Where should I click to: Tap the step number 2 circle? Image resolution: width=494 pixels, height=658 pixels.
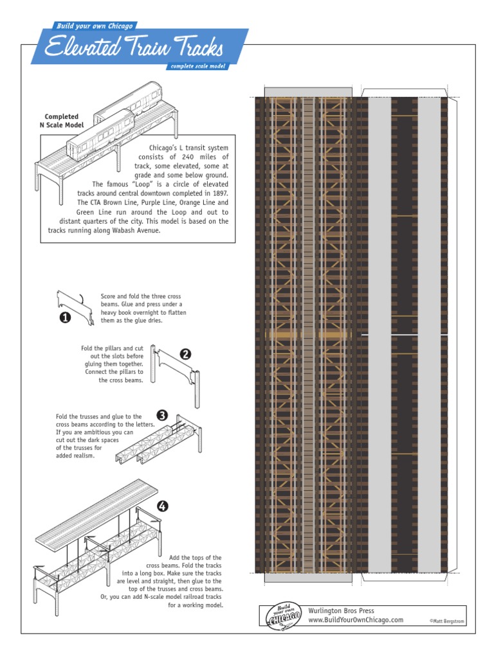click(185, 353)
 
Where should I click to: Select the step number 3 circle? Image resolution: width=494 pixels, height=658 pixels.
click(163, 416)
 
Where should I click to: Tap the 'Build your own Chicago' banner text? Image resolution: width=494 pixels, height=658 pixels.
click(95, 26)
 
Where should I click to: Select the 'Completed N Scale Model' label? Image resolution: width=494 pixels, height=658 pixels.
click(62, 120)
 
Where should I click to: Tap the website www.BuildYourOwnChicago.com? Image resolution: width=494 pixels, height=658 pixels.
click(356, 619)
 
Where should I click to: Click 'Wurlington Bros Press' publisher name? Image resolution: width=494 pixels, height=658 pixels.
click(341, 610)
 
